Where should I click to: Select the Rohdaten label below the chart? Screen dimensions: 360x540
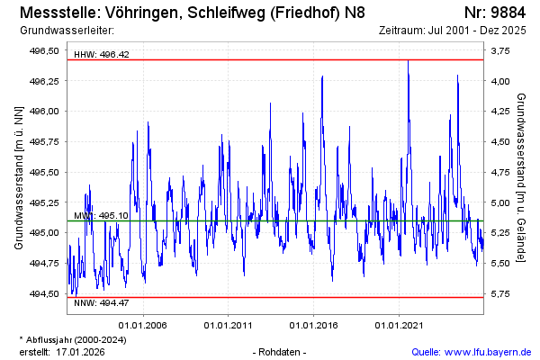[x=281, y=351]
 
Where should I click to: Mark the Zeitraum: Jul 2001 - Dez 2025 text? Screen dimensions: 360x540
[x=453, y=31]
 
